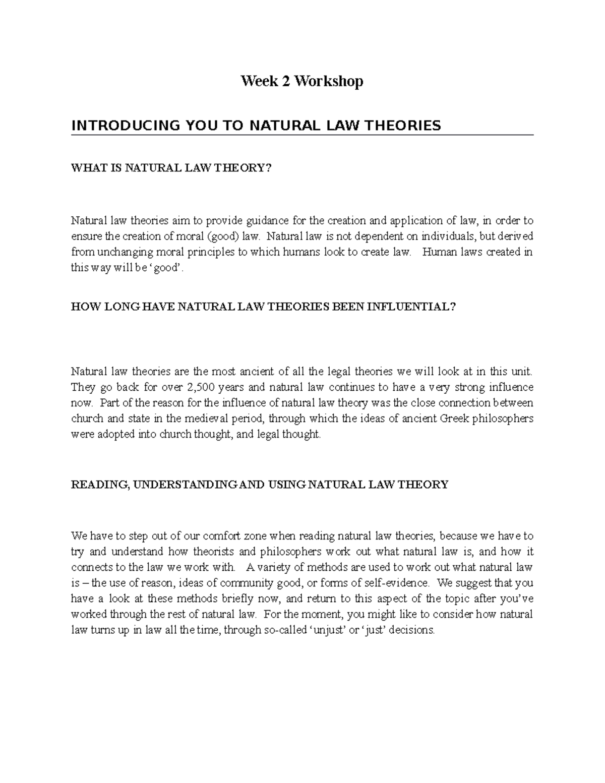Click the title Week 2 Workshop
(302, 81)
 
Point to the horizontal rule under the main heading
(302, 135)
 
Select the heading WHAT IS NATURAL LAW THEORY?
(171, 168)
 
